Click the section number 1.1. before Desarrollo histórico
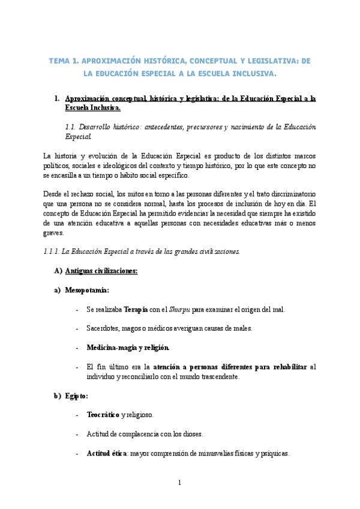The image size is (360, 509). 71,127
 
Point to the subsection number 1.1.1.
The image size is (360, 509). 55,251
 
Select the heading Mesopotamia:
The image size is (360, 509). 87,290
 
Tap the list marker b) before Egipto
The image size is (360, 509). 58,396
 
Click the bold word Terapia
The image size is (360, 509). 136,309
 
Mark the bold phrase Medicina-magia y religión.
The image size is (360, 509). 128,348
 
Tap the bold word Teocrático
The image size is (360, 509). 103,415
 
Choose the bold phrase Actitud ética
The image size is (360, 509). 106,454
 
